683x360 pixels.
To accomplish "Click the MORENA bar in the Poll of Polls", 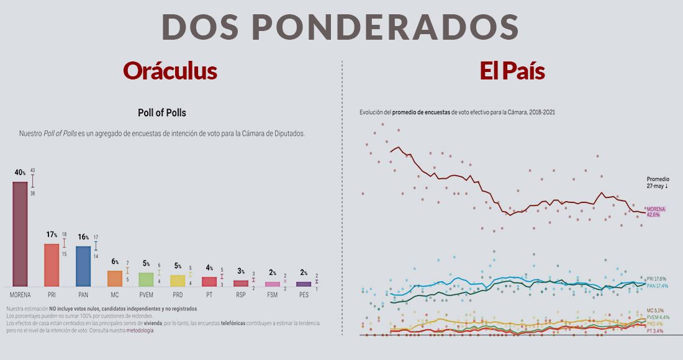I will [x=20, y=233].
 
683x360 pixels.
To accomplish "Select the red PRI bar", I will [x=52, y=264].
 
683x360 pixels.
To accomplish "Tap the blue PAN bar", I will [x=83, y=266].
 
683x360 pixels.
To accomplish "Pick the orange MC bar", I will [x=115, y=278].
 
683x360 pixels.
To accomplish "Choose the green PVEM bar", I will [x=146, y=279].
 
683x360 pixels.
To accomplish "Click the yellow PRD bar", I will [x=178, y=280].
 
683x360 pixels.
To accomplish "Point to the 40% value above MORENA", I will [x=20, y=172].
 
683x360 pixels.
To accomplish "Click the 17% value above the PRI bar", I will [x=52, y=235].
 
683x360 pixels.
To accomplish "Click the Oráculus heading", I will [x=170, y=71].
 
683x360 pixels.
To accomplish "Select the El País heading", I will [x=512, y=71].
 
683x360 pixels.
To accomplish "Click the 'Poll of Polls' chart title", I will [x=161, y=113].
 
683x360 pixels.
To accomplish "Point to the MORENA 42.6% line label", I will [x=656, y=212].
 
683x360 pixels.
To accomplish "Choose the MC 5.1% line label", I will [x=655, y=310].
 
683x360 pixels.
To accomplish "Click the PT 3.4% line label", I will [x=655, y=331].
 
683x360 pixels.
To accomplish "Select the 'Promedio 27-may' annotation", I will [x=658, y=182].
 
